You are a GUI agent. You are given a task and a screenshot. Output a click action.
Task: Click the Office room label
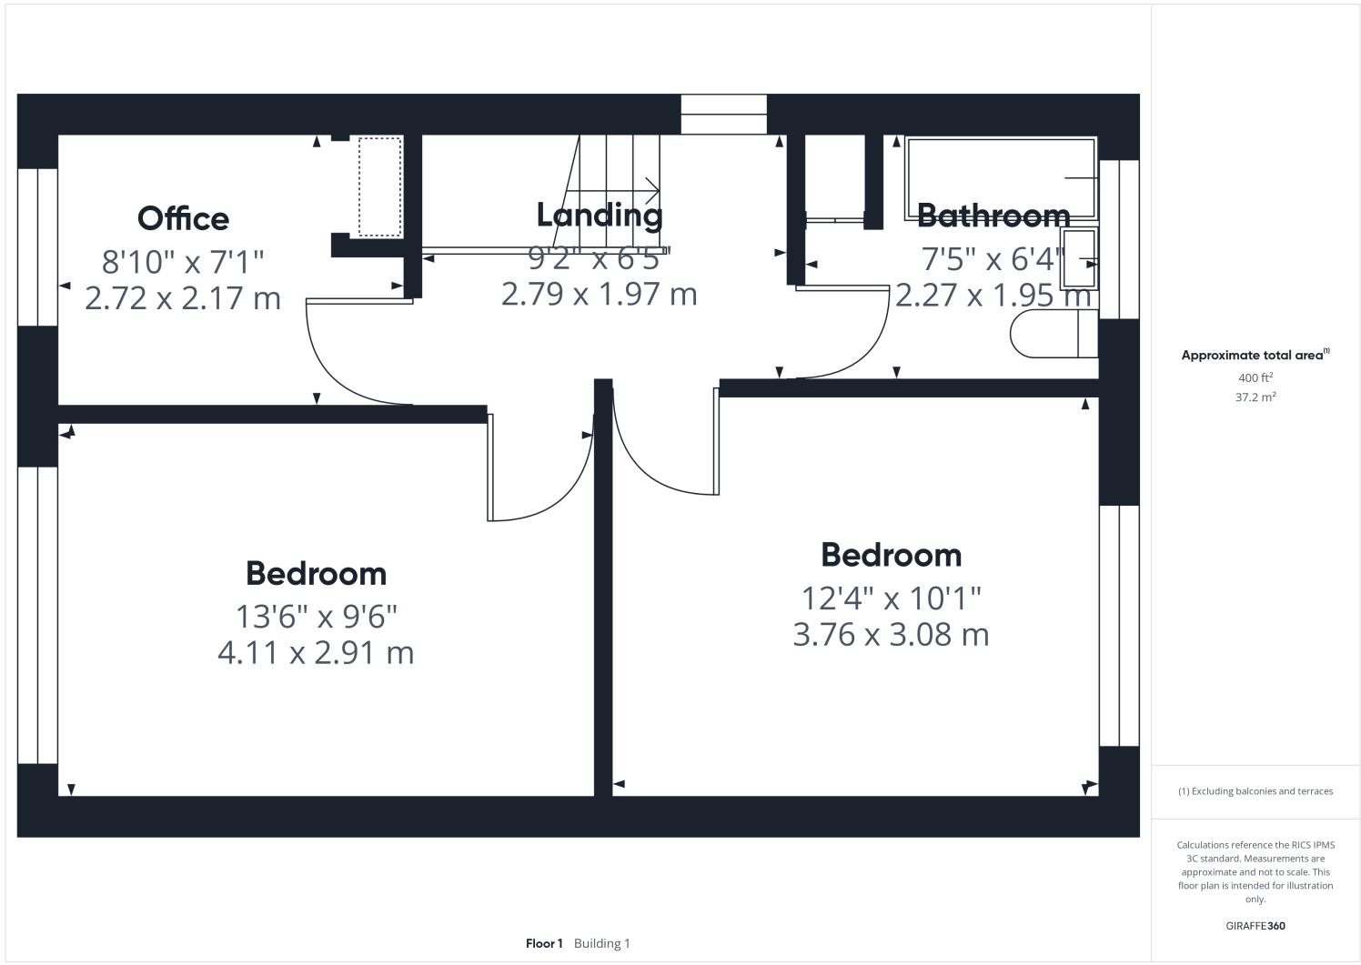[183, 218]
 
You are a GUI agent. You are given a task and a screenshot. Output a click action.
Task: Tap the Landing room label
[600, 216]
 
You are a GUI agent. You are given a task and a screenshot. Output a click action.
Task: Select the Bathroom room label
[993, 216]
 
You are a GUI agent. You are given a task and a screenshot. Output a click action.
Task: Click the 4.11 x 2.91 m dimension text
[316, 652]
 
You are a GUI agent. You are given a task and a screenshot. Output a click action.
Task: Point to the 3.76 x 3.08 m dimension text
[891, 634]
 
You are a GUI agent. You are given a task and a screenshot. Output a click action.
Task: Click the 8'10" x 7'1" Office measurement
[183, 262]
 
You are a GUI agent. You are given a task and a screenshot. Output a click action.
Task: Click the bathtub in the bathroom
[999, 178]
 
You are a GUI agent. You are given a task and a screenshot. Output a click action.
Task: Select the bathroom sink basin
[1079, 259]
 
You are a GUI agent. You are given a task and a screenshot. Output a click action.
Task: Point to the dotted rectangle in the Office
[379, 186]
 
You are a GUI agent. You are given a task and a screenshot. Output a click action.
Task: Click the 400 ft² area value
[1255, 377]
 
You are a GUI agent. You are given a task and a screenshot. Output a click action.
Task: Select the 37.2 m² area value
[1255, 397]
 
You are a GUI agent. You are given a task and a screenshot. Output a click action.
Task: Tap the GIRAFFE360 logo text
[1255, 926]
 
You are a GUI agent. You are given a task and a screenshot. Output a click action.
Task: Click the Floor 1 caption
[544, 943]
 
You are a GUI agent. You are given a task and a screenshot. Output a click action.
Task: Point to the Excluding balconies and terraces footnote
[1255, 791]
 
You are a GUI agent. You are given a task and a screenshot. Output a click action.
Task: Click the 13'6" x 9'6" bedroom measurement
[317, 617]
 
